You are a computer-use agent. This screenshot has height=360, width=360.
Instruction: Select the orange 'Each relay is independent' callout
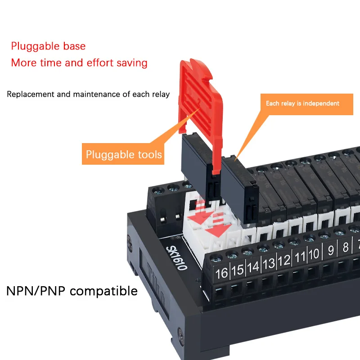pyautogui.click(x=302, y=103)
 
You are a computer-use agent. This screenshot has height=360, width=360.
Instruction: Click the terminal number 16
pyautogui.click(x=222, y=273)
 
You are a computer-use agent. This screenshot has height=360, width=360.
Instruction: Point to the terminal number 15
pyautogui.click(x=237, y=270)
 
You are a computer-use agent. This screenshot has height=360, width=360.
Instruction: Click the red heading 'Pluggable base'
pyautogui.click(x=48, y=46)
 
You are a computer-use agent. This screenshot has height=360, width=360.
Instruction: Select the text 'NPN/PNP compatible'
pyautogui.click(x=72, y=291)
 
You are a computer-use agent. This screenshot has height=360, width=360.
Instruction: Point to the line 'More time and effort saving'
pyautogui.click(x=79, y=63)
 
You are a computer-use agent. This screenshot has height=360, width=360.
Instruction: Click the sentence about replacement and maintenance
pyautogui.click(x=88, y=94)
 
